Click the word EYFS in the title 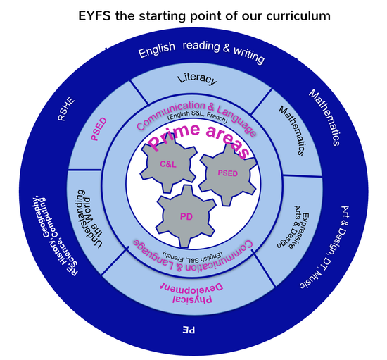point(94,15)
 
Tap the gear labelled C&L point(169,164)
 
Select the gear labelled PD point(186,217)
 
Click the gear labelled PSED point(228,173)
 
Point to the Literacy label point(197,79)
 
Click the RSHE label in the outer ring point(66,108)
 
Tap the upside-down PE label point(189,330)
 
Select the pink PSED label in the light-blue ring point(99,129)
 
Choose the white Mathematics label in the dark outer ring point(325,117)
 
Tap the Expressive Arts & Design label point(293,227)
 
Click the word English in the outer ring point(157,49)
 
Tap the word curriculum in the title point(298,15)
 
